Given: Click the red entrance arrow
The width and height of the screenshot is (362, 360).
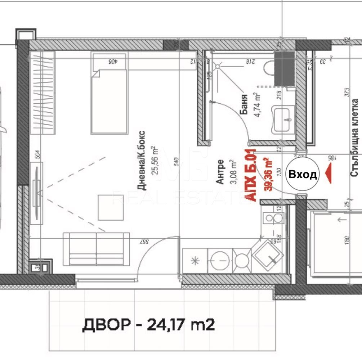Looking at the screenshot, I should click(x=328, y=174).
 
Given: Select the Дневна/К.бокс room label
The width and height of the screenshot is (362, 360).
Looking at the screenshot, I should click(x=142, y=159).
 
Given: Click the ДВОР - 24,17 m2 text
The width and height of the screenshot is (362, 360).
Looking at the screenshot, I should click(x=148, y=325).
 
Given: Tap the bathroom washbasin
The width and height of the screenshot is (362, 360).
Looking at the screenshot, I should click(x=283, y=119).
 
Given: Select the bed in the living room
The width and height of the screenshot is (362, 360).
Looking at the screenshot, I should click(x=109, y=94).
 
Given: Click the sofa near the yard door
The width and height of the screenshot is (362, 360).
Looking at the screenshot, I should click(x=96, y=249).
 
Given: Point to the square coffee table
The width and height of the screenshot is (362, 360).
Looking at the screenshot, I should click(x=111, y=207).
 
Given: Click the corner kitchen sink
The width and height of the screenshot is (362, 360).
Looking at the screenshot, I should click(x=268, y=255).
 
